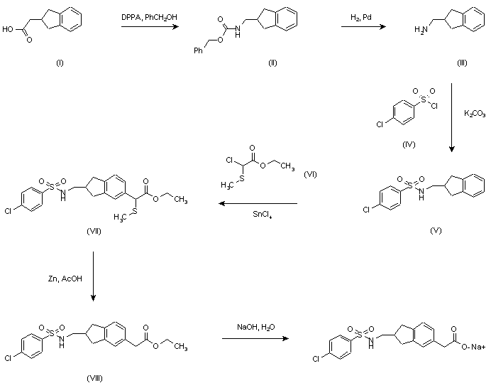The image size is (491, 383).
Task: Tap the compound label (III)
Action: click(x=462, y=63)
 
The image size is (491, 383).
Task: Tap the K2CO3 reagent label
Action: click(x=475, y=113)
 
